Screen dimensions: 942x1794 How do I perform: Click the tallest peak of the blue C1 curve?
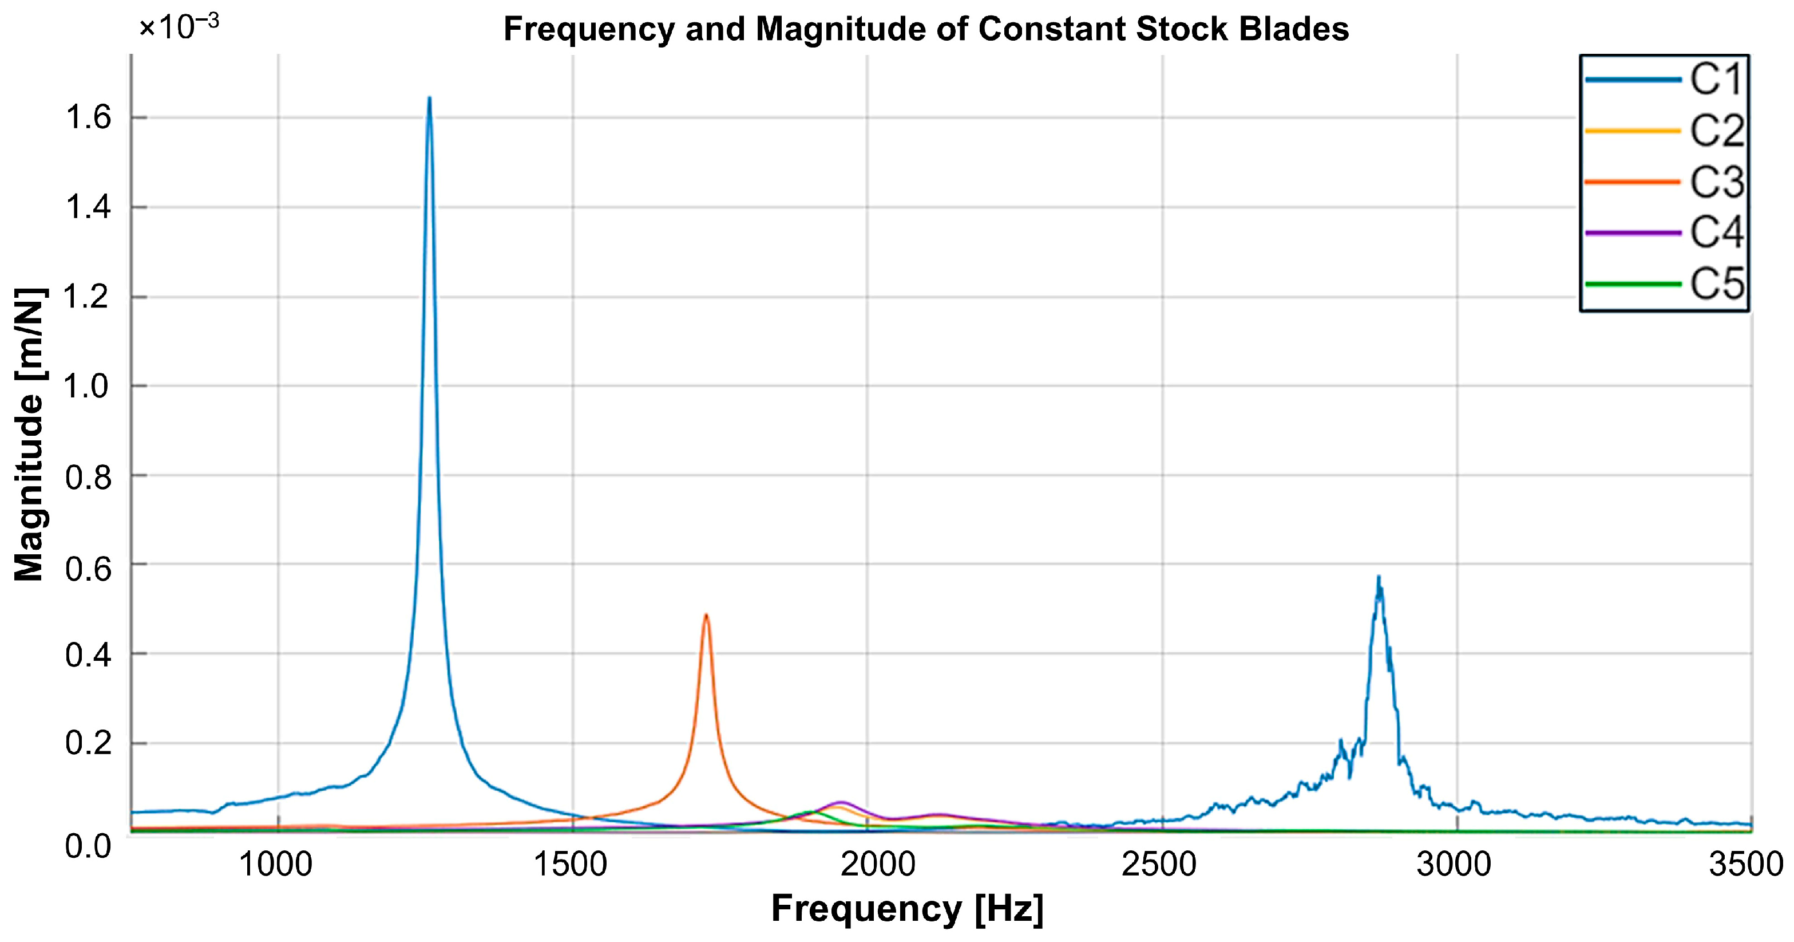tap(429, 99)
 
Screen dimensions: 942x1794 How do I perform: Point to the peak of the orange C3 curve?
tap(706, 615)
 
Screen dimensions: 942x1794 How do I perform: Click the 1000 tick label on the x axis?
tap(276, 865)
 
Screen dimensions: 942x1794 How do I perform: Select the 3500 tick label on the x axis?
tap(1746, 865)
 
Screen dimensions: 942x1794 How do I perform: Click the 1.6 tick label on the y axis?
tap(89, 118)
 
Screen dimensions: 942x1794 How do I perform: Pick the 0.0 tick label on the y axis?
tap(89, 846)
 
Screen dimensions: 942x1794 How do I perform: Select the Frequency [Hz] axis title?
tap(907, 909)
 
